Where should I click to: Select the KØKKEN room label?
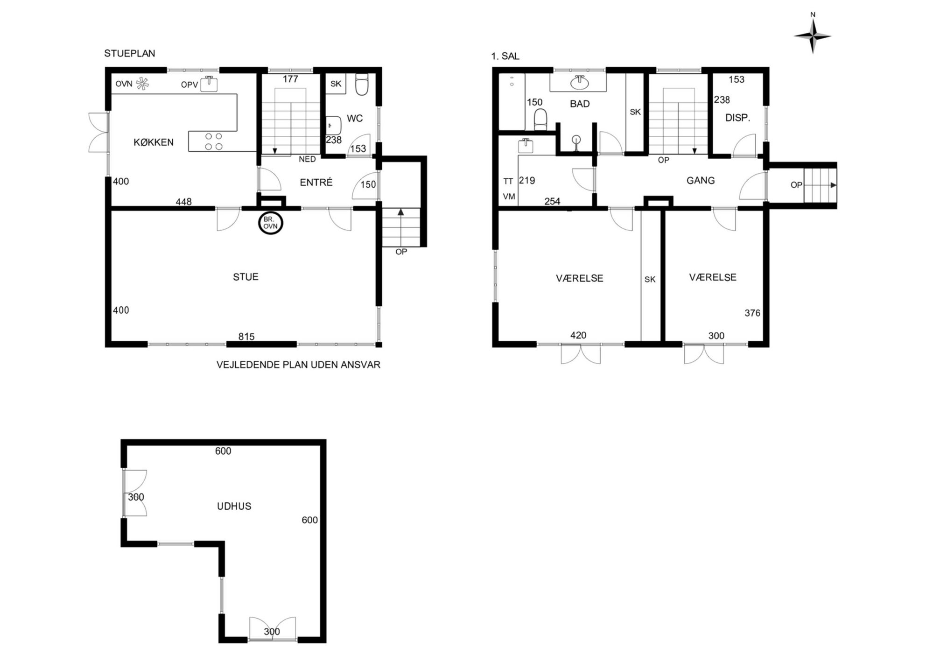(154, 142)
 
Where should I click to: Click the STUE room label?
(246, 277)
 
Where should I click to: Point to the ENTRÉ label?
(316, 183)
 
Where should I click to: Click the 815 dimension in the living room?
(246, 337)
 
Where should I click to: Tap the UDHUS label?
(234, 506)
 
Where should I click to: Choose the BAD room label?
(580, 104)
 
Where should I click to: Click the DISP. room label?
(737, 118)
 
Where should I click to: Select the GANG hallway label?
(701, 180)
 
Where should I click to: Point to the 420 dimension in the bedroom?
(578, 335)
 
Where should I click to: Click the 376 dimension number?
(752, 313)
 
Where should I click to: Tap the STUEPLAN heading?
(129, 53)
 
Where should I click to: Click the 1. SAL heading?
(505, 56)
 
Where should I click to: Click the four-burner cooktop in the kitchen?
(214, 141)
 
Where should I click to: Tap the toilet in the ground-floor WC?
(362, 84)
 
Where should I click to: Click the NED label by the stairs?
(307, 159)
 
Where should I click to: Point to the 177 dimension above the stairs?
(290, 79)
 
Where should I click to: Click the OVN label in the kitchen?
(124, 84)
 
